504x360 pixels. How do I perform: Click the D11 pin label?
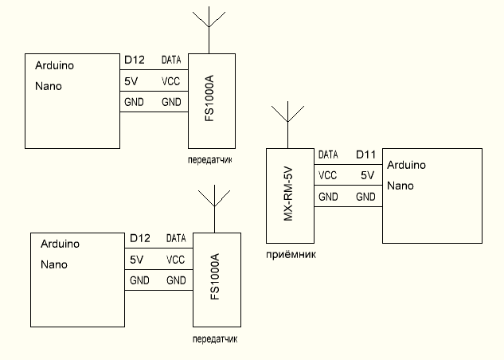366,154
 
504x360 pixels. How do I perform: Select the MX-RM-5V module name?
290,194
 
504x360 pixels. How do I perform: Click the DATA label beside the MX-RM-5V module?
328,155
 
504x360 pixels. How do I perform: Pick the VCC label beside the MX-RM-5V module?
326,175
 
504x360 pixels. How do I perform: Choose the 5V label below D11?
367,175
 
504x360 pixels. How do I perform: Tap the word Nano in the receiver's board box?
400,186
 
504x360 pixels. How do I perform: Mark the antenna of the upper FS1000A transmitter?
208,28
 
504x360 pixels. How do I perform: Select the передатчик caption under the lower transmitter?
215,338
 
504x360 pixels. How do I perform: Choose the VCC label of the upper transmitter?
171,81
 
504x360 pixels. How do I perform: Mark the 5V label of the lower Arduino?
136,260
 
